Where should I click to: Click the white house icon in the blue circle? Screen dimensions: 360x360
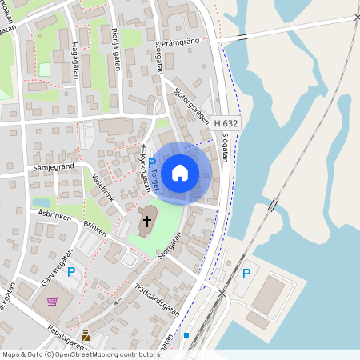(x=180, y=172)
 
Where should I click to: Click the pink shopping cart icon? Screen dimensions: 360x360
(x=53, y=302)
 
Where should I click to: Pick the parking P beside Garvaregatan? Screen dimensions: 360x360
(x=71, y=273)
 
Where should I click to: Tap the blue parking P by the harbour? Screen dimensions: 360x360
(x=246, y=273)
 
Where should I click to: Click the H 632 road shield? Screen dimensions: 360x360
(x=226, y=122)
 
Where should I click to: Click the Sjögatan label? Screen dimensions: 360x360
(x=224, y=148)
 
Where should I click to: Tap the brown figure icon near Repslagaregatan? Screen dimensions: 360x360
(x=86, y=335)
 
